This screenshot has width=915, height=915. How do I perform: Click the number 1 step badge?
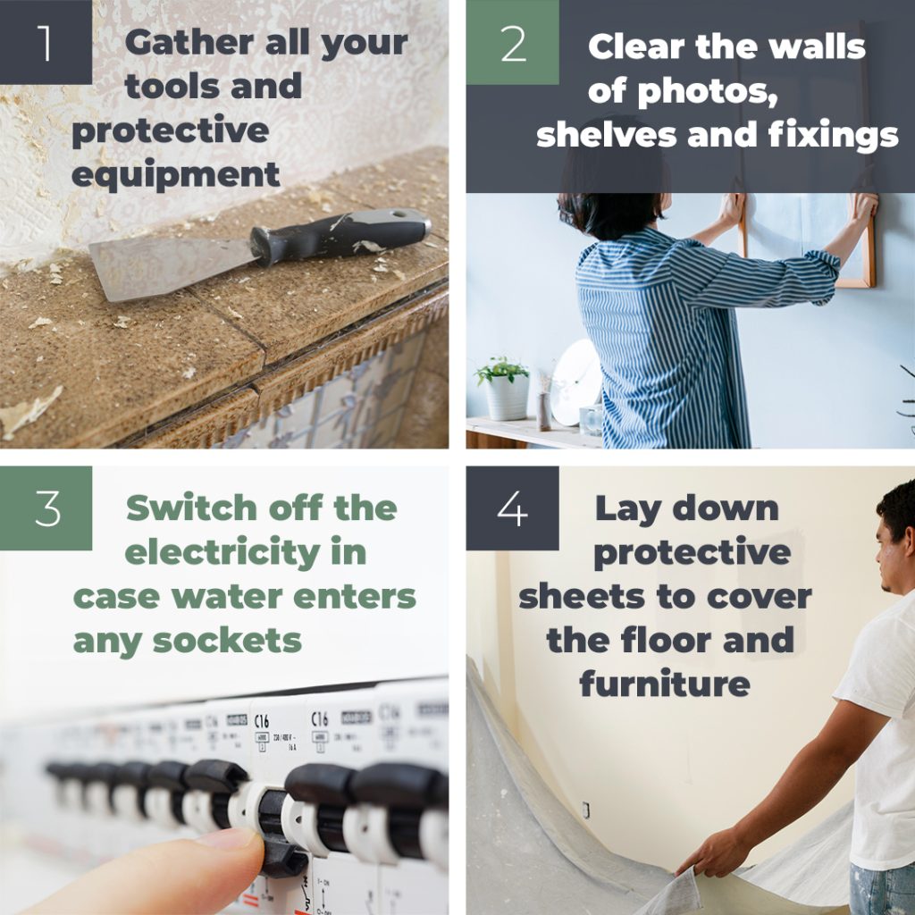(46, 42)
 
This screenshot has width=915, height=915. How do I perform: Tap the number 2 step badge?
(512, 42)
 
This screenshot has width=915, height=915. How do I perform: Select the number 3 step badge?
(46, 508)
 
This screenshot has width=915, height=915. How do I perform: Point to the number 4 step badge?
(512, 508)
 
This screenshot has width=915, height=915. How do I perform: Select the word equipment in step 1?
(175, 174)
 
